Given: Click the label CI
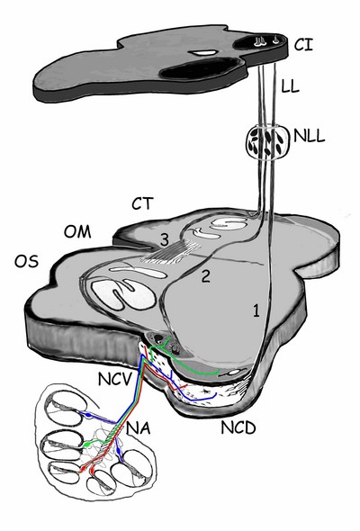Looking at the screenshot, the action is pyautogui.click(x=303, y=44).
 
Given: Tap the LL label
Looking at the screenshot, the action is pyautogui.click(x=290, y=85).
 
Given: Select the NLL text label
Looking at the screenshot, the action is pyautogui.click(x=310, y=136).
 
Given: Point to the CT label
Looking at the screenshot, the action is pyautogui.click(x=142, y=203).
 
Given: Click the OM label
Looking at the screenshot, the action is pyautogui.click(x=77, y=232).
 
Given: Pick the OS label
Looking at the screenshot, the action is pyautogui.click(x=26, y=261).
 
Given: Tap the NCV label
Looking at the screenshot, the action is pyautogui.click(x=114, y=379).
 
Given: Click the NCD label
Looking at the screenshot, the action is pyautogui.click(x=238, y=427).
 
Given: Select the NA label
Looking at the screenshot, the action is pyautogui.click(x=139, y=428).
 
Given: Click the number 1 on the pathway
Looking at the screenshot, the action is pyautogui.click(x=256, y=310).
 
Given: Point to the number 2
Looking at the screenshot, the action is pyautogui.click(x=206, y=276).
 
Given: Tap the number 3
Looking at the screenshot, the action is pyautogui.click(x=165, y=239).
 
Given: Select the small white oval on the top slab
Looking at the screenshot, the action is pyautogui.click(x=203, y=52).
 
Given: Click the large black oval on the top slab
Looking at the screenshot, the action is pyautogui.click(x=201, y=68).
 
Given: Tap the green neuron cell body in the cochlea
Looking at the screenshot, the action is pyautogui.click(x=88, y=444).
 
